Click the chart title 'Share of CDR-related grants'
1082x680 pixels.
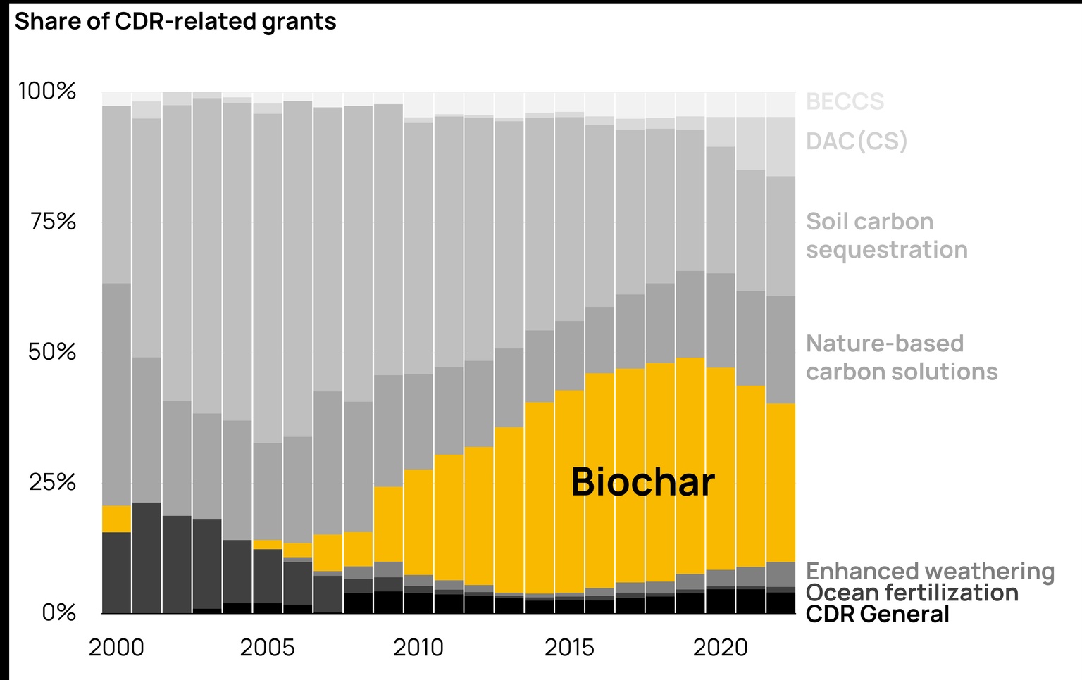pos(175,22)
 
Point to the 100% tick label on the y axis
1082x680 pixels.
pos(46,91)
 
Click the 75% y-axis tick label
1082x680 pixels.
pos(53,222)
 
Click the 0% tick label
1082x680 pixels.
pos(58,612)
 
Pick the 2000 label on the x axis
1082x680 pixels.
pos(116,648)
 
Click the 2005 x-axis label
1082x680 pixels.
pos(267,648)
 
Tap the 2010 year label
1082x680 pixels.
pos(418,648)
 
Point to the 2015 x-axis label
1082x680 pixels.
pos(569,648)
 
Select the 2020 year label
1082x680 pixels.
pos(720,648)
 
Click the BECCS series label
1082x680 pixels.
pos(845,102)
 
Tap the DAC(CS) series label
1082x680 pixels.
pos(857,141)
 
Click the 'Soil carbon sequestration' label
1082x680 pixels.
pos(886,236)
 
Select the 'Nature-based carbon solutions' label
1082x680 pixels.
pos(902,358)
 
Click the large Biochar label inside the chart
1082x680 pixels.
pos(642,482)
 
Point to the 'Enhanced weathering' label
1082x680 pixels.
pos(930,571)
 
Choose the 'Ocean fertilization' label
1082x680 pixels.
pos(912,593)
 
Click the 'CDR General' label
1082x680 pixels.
pos(878,615)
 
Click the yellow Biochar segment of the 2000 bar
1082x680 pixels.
pos(116,519)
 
